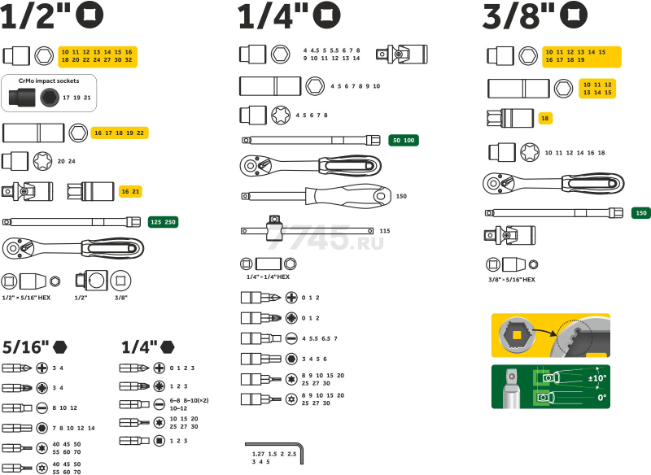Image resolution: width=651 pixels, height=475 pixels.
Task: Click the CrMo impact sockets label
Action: pyautogui.click(x=49, y=81)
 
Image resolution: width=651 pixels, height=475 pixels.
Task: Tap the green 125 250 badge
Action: pyautogui.click(x=164, y=222)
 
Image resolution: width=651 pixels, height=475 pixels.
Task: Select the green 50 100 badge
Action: pyautogui.click(x=404, y=140)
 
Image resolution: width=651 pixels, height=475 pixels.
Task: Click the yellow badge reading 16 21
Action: pyautogui.click(x=130, y=191)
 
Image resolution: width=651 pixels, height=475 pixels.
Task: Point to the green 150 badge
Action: pyautogui.click(x=640, y=213)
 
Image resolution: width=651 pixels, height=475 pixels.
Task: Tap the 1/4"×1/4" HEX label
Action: pyautogui.click(x=268, y=277)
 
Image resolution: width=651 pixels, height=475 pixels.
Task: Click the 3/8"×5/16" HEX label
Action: pyautogui.click(x=512, y=280)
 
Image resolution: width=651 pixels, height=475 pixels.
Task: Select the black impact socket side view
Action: pyautogui.click(x=23, y=98)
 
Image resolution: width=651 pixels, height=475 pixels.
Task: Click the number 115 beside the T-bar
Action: pyautogui.click(x=385, y=231)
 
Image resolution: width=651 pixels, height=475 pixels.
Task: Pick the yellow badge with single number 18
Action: pyautogui.click(x=545, y=118)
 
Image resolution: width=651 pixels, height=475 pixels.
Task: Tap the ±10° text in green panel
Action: pyautogui.click(x=597, y=378)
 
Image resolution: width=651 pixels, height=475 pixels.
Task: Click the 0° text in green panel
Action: pyautogui.click(x=602, y=398)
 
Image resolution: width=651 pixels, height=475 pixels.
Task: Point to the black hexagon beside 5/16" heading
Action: pyautogui.click(x=59, y=346)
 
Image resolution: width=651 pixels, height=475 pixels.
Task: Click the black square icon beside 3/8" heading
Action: pyautogui.click(x=574, y=15)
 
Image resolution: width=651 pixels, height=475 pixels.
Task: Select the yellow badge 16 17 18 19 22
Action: pyautogui.click(x=120, y=133)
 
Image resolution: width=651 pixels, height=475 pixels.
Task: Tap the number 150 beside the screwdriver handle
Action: pyautogui.click(x=401, y=196)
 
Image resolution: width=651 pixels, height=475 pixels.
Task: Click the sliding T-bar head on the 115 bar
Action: pyautogui.click(x=274, y=228)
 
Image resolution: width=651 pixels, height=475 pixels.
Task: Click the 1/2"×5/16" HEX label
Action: pyautogui.click(x=26, y=298)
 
